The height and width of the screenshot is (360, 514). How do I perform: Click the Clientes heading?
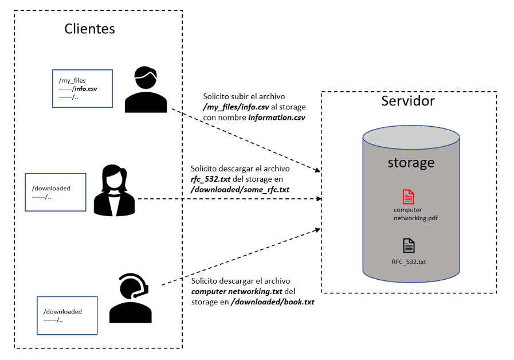pyautogui.click(x=89, y=29)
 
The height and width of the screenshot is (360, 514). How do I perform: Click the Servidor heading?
pyautogui.click(x=408, y=101)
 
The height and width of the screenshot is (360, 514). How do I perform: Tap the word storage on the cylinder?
pyautogui.click(x=411, y=162)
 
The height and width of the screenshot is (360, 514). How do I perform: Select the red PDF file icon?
pyautogui.click(x=408, y=197)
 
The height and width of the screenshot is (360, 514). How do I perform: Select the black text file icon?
pyautogui.click(x=409, y=245)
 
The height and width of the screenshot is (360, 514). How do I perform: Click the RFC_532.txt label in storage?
pyautogui.click(x=409, y=262)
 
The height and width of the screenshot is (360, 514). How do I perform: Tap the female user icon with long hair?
pyautogui.click(x=114, y=191)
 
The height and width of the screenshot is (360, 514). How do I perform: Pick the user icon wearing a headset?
pyautogui.click(x=131, y=298)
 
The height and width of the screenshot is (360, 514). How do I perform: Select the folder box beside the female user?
pyautogui.click(x=55, y=192)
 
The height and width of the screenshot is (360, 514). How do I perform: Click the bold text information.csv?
pyautogui.click(x=276, y=118)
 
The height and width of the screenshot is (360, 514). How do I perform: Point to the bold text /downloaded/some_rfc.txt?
pyautogui.click(x=240, y=189)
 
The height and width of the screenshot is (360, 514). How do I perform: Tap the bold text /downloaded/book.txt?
pyautogui.click(x=272, y=301)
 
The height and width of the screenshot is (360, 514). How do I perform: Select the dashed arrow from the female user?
pyautogui.click(x=229, y=199)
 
